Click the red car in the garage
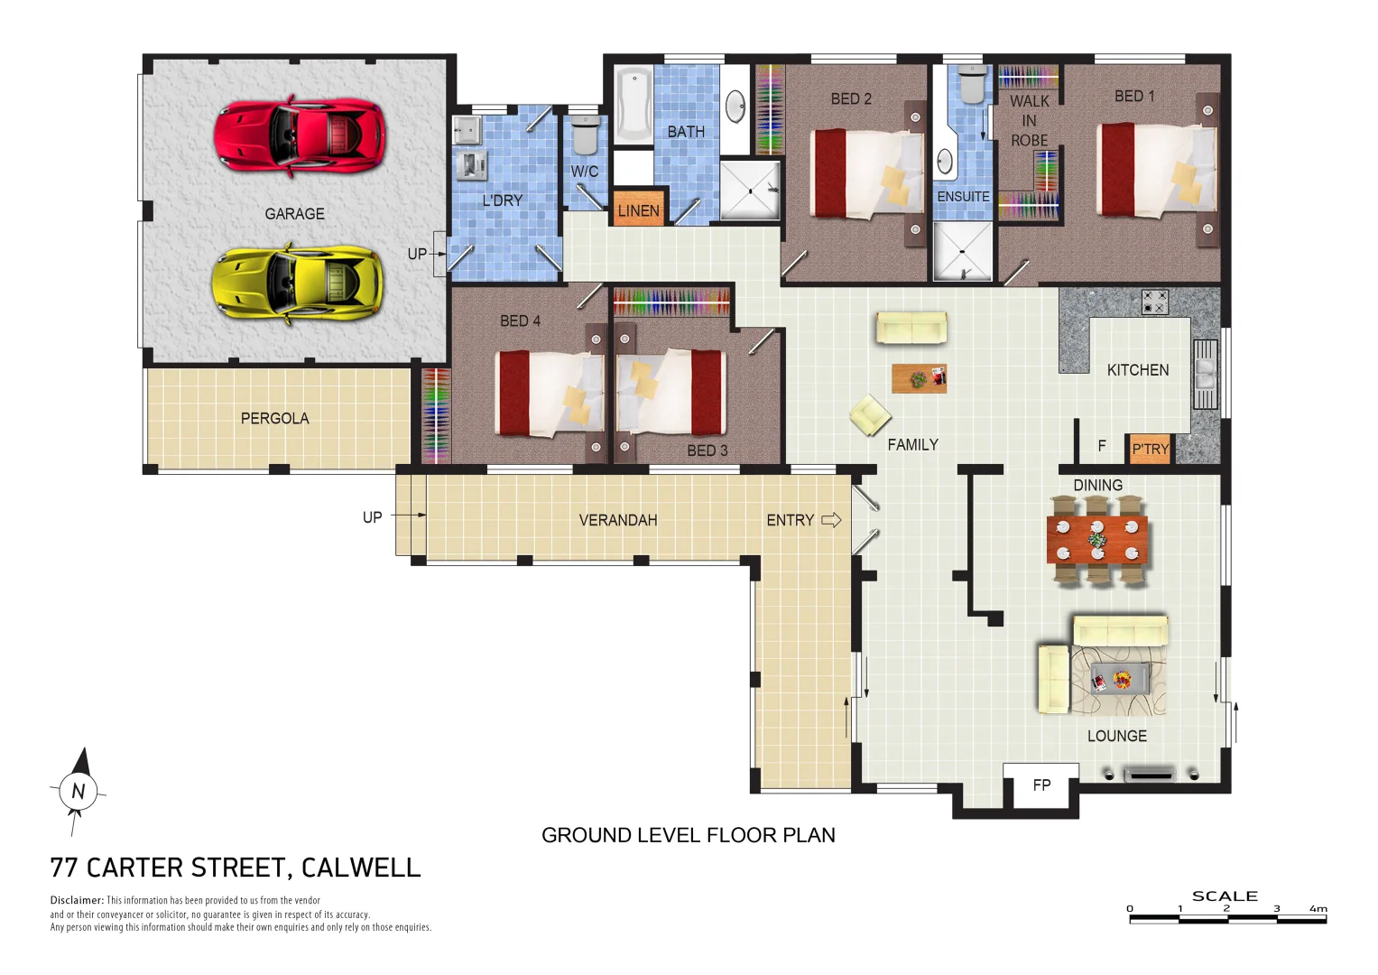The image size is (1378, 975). [300, 135]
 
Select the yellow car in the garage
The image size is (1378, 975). [297, 282]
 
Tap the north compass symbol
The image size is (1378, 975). [78, 792]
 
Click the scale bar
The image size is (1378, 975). [1227, 919]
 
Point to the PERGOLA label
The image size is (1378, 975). [274, 418]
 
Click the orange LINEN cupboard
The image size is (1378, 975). [638, 210]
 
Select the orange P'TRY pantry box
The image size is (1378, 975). [1150, 449]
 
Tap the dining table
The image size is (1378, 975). [1096, 540]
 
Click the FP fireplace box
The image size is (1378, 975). [1041, 785]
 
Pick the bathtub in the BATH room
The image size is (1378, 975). [634, 105]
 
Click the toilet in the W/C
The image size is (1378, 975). [585, 135]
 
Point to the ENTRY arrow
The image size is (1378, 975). [831, 520]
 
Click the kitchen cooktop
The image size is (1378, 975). [1154, 302]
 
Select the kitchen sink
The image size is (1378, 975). [1205, 374]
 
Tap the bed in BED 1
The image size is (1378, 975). [1156, 170]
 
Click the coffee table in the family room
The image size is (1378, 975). [919, 378]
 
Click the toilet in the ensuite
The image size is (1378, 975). [972, 85]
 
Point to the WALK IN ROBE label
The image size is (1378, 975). [1029, 121]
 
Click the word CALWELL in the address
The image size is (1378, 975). [360, 868]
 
